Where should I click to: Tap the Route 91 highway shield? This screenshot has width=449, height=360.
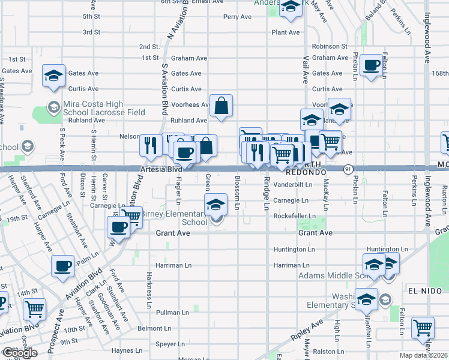348,170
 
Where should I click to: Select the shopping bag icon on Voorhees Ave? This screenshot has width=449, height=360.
221,106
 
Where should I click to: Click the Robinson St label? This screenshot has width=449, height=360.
330,46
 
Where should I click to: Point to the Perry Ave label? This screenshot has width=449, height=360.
237,17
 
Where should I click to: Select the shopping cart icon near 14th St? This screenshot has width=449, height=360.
35,310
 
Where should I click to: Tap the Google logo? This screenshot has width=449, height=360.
19,353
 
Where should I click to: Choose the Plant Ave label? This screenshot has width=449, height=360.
285,32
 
